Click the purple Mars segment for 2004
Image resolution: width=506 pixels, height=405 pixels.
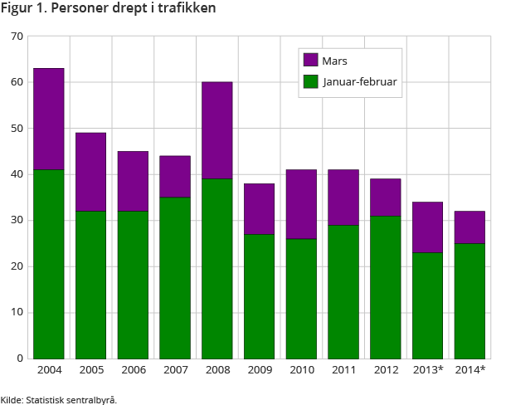[x=49, y=119]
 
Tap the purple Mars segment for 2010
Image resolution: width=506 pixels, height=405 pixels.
[x=301, y=204]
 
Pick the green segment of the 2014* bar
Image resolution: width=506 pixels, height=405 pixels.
[x=470, y=300]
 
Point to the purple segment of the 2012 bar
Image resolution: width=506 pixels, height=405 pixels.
[x=386, y=198]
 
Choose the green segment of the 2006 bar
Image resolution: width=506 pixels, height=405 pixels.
[x=133, y=285]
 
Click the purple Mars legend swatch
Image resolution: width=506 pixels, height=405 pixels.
[x=311, y=60]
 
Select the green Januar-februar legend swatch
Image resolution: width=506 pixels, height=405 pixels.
[x=311, y=81]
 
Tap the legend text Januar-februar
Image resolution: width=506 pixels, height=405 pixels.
[x=358, y=81]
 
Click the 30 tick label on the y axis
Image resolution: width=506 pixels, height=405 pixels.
[x=17, y=221]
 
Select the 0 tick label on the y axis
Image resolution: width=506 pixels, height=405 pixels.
[x=20, y=359]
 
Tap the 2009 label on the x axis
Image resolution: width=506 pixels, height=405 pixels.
[x=259, y=369]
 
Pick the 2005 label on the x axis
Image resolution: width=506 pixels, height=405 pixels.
[x=90, y=369]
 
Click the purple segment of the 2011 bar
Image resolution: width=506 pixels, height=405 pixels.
[x=343, y=197]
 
